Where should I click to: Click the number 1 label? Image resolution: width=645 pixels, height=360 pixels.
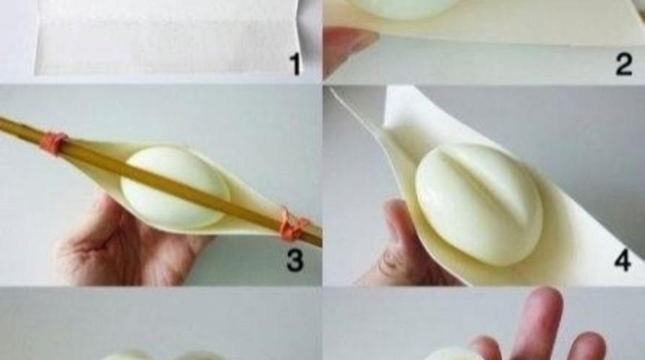pyautogui.click(x=295, y=64)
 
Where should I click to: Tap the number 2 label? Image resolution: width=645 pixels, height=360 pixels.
pyautogui.click(x=623, y=64)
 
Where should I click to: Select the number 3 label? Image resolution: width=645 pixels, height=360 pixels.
pyautogui.click(x=295, y=260)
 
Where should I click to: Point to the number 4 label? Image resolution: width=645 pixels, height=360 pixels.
pyautogui.click(x=622, y=260)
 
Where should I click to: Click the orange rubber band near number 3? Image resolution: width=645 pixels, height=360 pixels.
pyautogui.click(x=294, y=226)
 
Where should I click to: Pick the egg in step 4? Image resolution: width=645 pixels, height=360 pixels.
pyautogui.click(x=478, y=204)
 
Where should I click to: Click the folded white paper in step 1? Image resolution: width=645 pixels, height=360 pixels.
pyautogui.click(x=164, y=37)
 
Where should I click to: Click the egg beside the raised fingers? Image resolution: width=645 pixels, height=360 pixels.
pyautogui.click(x=452, y=354)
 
